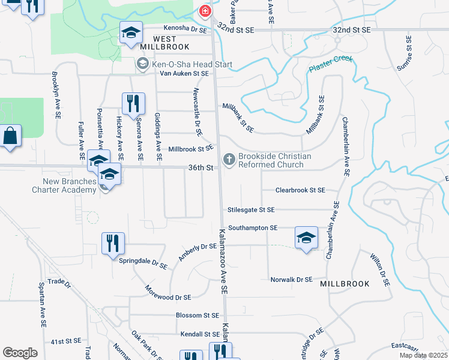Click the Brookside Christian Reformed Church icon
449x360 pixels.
point(228,160)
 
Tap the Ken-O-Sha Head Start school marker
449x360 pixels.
point(142,63)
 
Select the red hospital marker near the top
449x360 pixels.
point(205,11)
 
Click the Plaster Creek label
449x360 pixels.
point(331,64)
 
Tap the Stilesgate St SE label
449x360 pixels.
point(251,210)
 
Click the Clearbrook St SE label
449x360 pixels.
point(300,190)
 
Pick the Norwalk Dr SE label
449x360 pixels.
point(291,280)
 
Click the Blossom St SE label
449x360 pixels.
point(197,316)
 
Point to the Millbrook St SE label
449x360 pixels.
point(190,148)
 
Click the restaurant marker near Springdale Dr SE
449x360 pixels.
point(113,244)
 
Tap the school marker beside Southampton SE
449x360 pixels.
point(306,238)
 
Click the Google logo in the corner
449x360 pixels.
point(20,353)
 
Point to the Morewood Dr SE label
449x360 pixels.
point(166,297)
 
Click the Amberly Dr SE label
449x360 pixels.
point(197,252)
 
